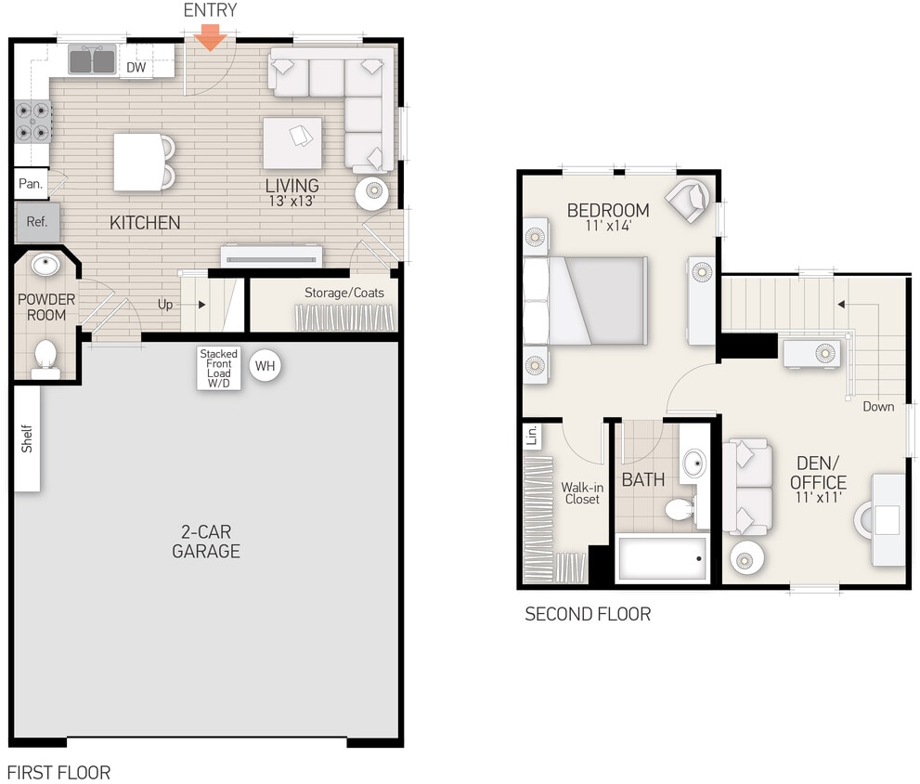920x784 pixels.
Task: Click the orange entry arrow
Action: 211,38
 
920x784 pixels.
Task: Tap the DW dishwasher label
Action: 136,67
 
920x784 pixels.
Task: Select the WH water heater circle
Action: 266,366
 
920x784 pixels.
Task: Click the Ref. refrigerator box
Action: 37,223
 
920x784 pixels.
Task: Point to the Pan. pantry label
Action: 31,184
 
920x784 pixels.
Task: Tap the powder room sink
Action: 44,266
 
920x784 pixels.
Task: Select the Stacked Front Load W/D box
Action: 219,368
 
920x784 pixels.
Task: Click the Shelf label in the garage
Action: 27,438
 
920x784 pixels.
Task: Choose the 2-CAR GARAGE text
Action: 206,542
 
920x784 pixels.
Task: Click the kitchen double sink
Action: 92,61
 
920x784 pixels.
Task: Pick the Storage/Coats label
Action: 344,293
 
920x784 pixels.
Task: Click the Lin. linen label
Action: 532,435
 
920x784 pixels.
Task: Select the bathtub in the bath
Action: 661,558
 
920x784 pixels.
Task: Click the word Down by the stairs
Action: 878,406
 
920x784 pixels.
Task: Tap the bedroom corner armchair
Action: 688,201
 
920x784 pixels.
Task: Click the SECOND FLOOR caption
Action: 588,614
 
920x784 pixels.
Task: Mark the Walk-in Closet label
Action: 581,492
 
